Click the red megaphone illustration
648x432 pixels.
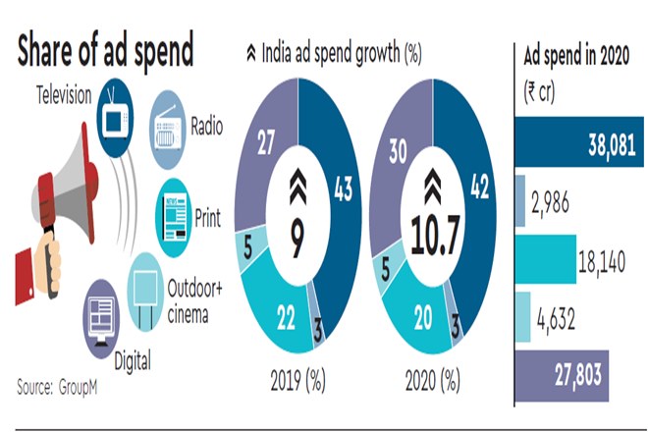click(54, 206)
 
